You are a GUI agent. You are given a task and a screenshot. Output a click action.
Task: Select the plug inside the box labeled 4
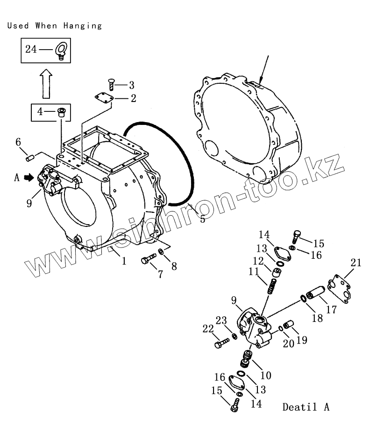point(61,112)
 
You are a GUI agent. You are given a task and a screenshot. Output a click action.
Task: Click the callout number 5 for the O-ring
point(202,219)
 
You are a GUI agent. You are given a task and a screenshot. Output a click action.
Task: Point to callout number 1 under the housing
point(124,261)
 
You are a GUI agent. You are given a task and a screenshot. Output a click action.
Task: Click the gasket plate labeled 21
point(338,291)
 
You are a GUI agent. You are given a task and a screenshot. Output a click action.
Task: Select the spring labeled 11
point(272,285)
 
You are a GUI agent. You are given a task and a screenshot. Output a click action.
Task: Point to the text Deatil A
point(306,407)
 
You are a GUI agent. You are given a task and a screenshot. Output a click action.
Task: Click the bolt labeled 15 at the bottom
point(234,408)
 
